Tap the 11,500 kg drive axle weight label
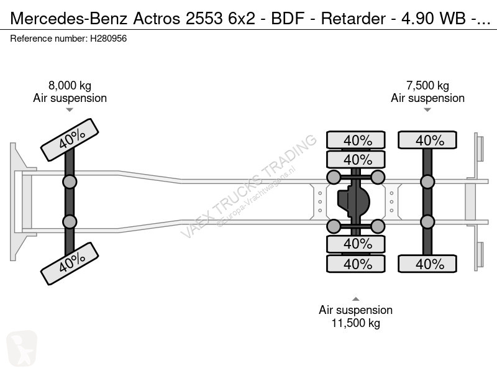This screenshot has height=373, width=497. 355,323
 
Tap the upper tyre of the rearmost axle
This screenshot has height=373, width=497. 427,140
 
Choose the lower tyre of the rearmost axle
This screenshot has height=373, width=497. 427,264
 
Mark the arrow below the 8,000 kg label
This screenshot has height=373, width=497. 70,110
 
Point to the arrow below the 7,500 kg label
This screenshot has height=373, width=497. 427,110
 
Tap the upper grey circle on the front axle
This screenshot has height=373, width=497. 69,182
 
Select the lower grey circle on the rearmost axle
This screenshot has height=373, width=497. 427,222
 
